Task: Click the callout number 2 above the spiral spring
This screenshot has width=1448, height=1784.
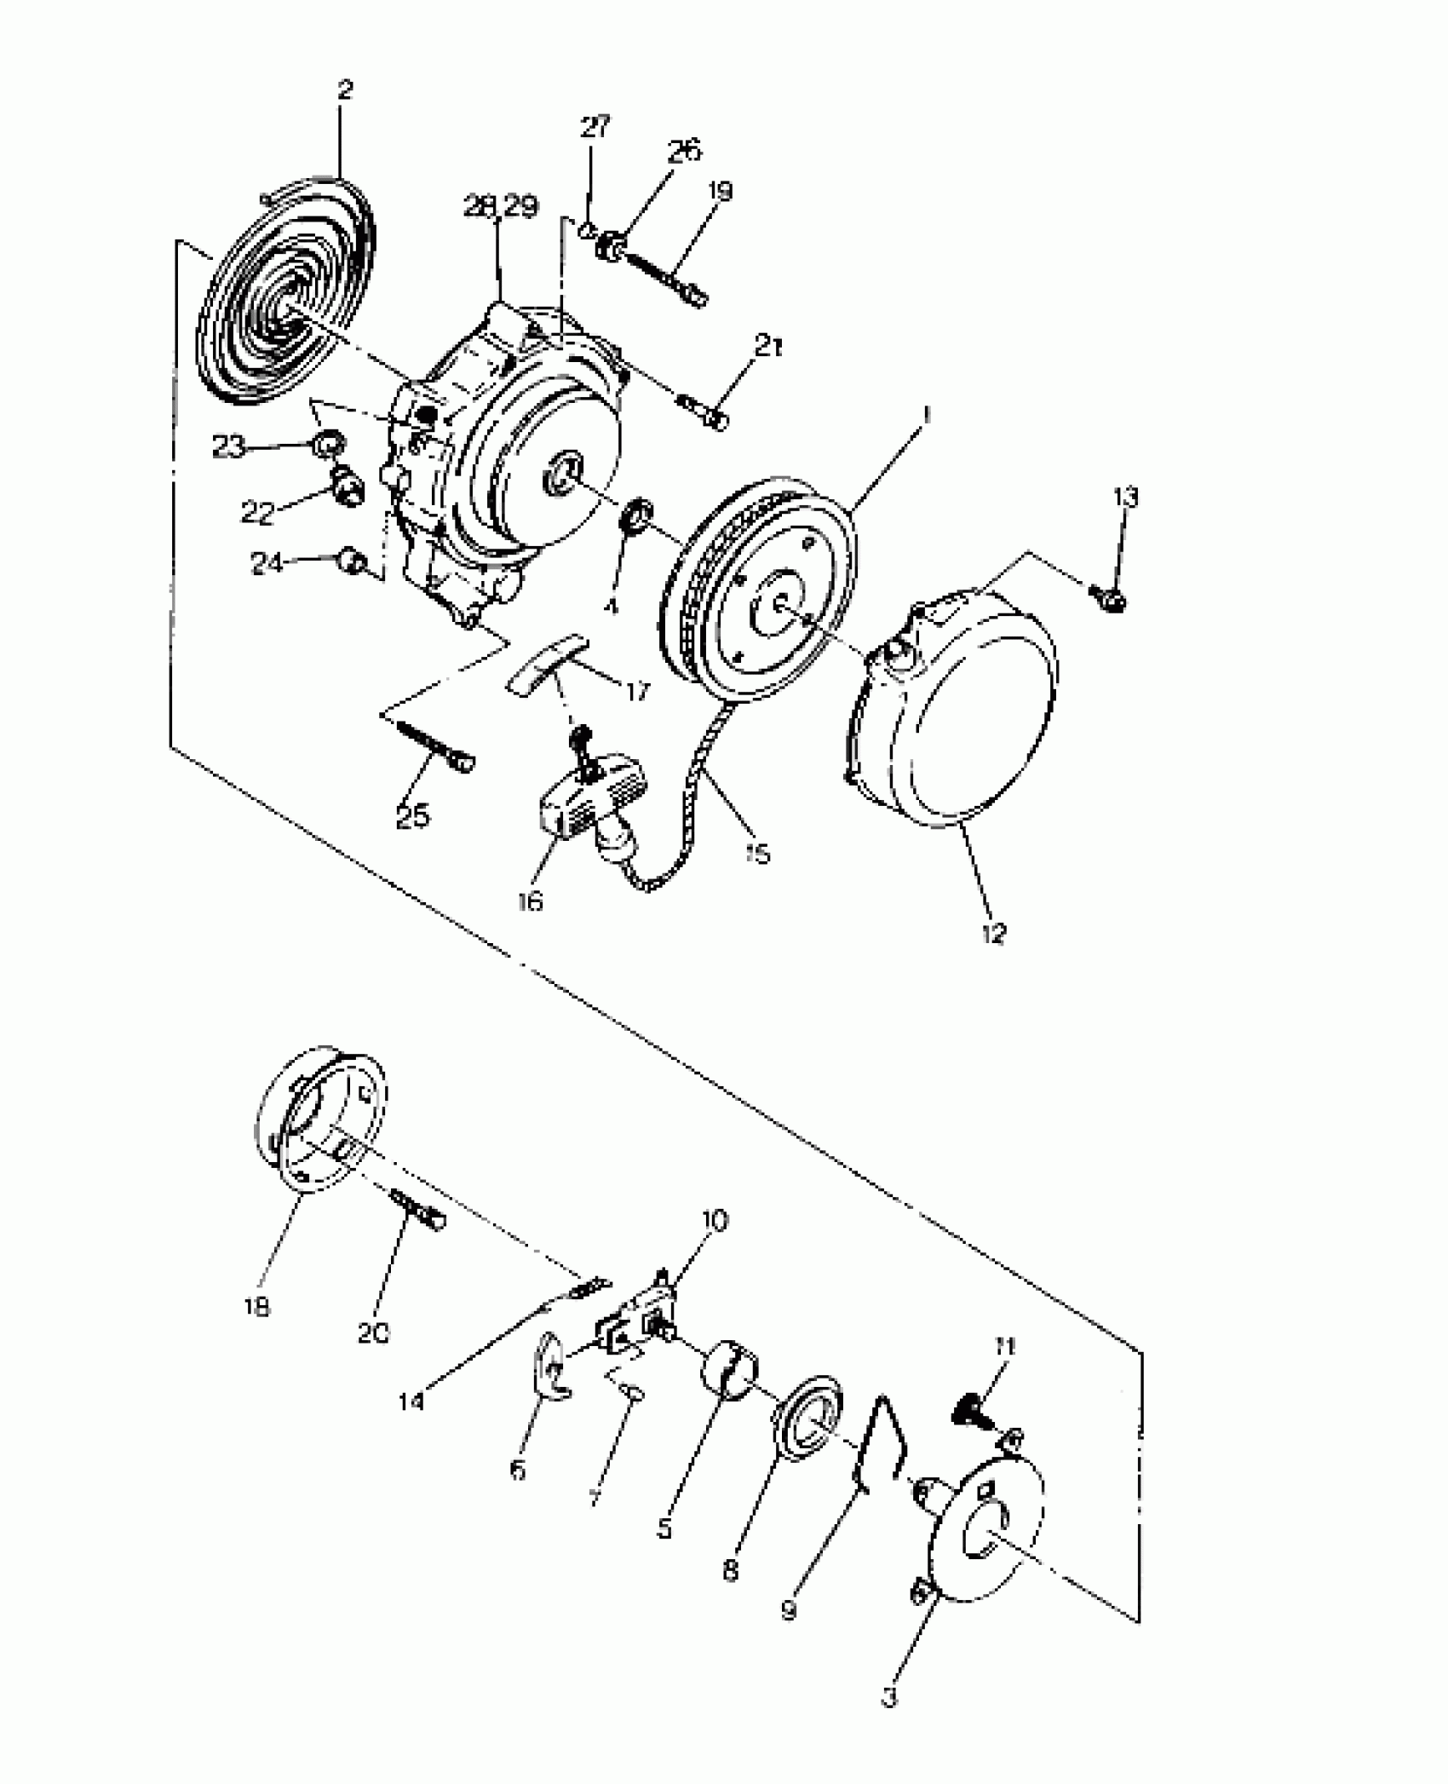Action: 344,89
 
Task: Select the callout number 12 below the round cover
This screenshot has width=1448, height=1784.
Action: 993,932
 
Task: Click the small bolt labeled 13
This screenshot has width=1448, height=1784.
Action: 1115,600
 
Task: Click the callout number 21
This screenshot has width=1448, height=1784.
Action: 768,347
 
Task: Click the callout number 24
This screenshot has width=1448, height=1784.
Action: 267,563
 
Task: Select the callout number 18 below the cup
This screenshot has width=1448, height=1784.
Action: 256,1306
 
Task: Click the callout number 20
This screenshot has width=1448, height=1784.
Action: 372,1332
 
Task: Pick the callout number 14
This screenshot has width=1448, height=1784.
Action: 411,1400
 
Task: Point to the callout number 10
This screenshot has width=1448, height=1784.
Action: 714,1221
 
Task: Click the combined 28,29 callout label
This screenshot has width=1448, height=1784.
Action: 501,206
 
